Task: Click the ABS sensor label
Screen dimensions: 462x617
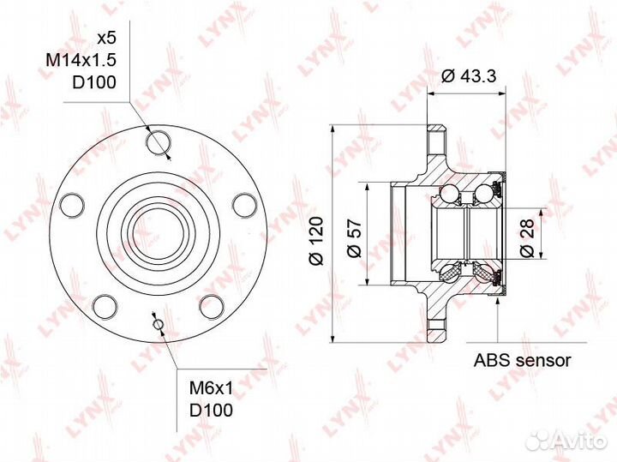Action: click(522, 361)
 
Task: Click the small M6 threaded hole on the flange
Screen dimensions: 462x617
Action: click(156, 323)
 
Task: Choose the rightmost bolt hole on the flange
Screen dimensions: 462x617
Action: click(244, 204)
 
